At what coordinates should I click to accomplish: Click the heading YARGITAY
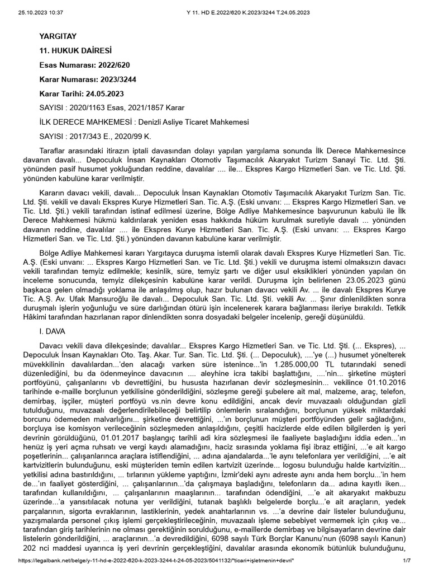pyautogui.click(x=57, y=36)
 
